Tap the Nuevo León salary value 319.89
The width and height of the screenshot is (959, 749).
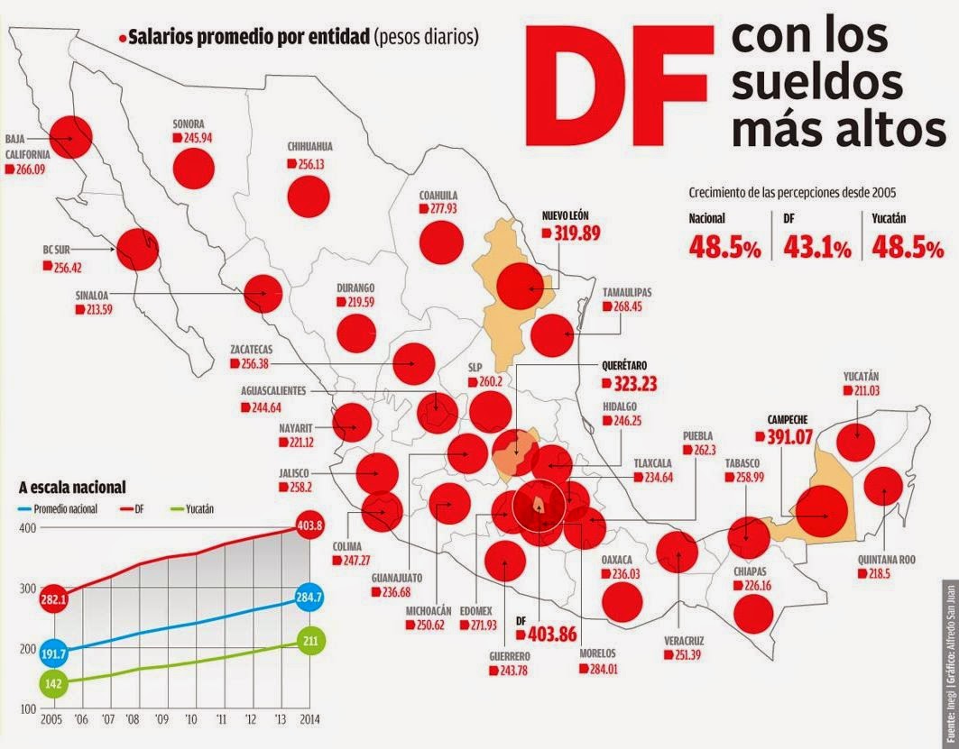(576, 233)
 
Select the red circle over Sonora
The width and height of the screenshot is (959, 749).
(194, 168)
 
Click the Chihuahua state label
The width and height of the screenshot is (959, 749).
(309, 146)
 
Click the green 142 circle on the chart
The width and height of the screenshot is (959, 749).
(53, 684)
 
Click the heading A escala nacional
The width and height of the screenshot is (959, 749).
(72, 488)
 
